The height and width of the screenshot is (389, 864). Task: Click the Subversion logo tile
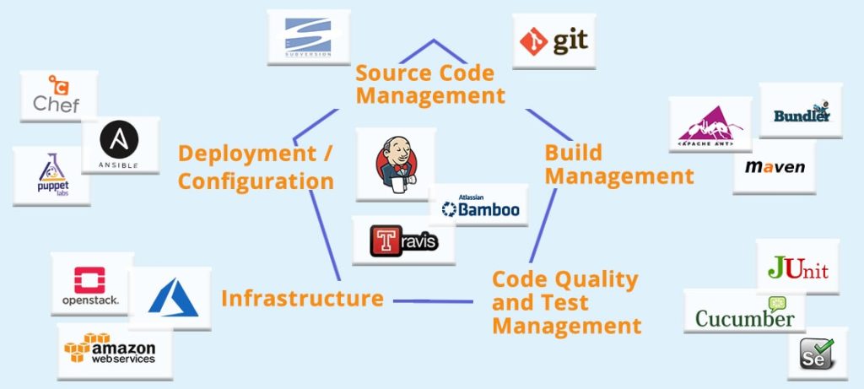[308, 37]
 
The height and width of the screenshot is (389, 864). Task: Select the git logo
[554, 41]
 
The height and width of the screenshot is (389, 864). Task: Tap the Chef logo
[57, 95]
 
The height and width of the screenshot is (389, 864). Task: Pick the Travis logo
[404, 240]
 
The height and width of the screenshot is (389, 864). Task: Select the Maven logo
[775, 167]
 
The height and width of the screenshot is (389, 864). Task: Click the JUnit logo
[797, 267]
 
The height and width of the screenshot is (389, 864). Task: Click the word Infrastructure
[302, 298]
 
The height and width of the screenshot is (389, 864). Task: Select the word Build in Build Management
[573, 153]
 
